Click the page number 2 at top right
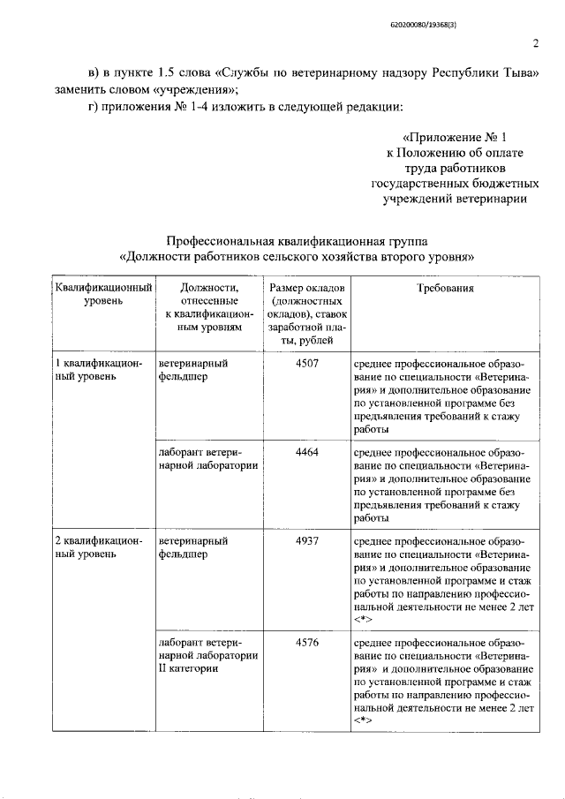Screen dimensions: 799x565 [x=535, y=45]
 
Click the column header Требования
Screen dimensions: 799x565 [x=446, y=288]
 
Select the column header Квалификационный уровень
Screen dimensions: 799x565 [x=104, y=294]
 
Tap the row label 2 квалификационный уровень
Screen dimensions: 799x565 [x=97, y=547]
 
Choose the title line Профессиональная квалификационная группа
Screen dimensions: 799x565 [x=297, y=240]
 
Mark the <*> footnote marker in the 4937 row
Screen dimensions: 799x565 [x=363, y=622]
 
